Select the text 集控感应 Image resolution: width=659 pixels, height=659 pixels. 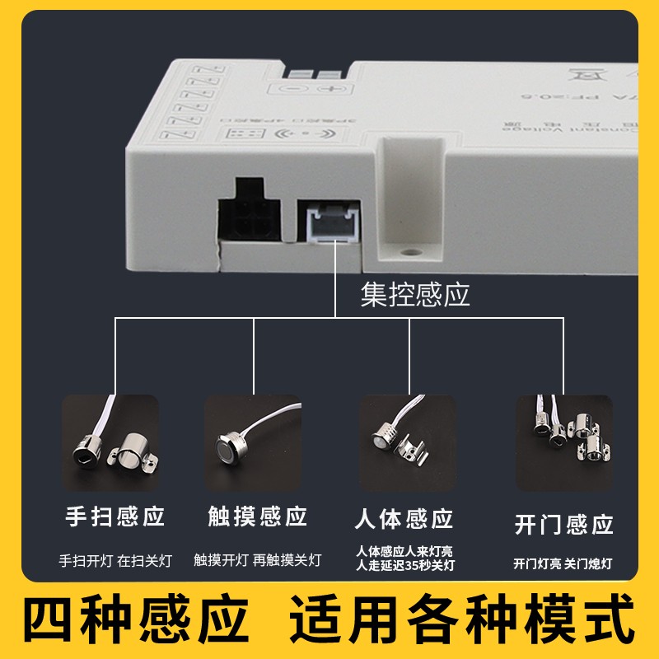tap(415, 294)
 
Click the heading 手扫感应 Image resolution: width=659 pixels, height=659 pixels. tap(115, 517)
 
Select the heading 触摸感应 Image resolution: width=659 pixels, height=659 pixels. tap(257, 517)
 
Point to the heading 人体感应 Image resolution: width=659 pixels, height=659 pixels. tap(404, 519)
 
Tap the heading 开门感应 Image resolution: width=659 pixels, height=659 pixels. tap(563, 524)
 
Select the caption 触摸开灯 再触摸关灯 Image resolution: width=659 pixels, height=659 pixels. tap(257, 561)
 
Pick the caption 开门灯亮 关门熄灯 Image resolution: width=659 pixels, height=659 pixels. tap(563, 564)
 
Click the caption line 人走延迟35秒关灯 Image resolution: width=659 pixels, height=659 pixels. tap(404, 565)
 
